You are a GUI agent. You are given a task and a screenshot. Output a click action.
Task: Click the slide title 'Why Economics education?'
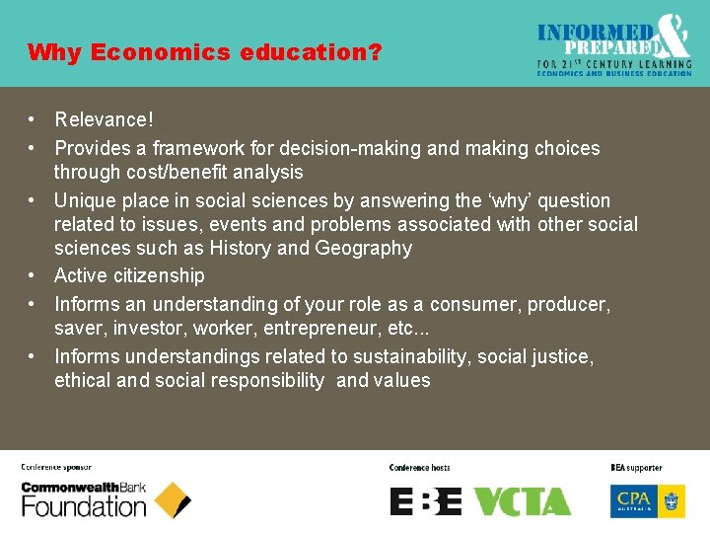(204, 52)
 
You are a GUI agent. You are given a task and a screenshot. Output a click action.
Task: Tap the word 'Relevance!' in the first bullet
(104, 120)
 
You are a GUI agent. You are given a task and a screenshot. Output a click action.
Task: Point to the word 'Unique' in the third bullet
(84, 201)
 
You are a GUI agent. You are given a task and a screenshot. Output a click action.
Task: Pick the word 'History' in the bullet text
(241, 249)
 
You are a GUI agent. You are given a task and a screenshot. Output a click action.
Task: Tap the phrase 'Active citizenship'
(129, 276)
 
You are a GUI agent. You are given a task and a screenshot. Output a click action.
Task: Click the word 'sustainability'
(425, 356)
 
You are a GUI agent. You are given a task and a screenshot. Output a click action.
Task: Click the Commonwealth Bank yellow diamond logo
(173, 500)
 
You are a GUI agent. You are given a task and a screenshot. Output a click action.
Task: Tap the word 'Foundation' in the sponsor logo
(84, 507)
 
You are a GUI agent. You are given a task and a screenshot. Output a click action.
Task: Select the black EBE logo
(425, 501)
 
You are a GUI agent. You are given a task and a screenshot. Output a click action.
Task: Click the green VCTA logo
(522, 501)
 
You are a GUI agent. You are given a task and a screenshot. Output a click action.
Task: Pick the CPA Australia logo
(648, 500)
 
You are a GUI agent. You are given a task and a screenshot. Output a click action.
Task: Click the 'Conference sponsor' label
(56, 468)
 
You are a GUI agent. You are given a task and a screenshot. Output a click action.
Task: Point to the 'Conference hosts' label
(419, 468)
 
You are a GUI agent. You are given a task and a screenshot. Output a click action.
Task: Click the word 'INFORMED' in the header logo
(596, 32)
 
